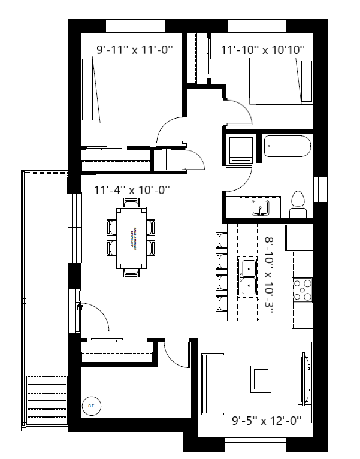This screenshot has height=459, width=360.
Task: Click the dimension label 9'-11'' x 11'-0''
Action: click(135, 50)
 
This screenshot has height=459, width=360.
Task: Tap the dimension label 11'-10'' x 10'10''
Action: click(263, 50)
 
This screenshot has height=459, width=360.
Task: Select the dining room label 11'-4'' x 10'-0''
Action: click(132, 190)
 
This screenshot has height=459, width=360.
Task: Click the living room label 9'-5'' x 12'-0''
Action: click(265, 421)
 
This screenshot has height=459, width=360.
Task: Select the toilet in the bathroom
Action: click(297, 204)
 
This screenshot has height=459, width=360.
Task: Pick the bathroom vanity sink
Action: click(260, 207)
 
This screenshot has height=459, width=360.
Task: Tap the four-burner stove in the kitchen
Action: click(302, 290)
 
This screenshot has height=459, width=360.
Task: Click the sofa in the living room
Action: click(212, 384)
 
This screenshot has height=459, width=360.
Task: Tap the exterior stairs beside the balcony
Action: click(47, 400)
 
